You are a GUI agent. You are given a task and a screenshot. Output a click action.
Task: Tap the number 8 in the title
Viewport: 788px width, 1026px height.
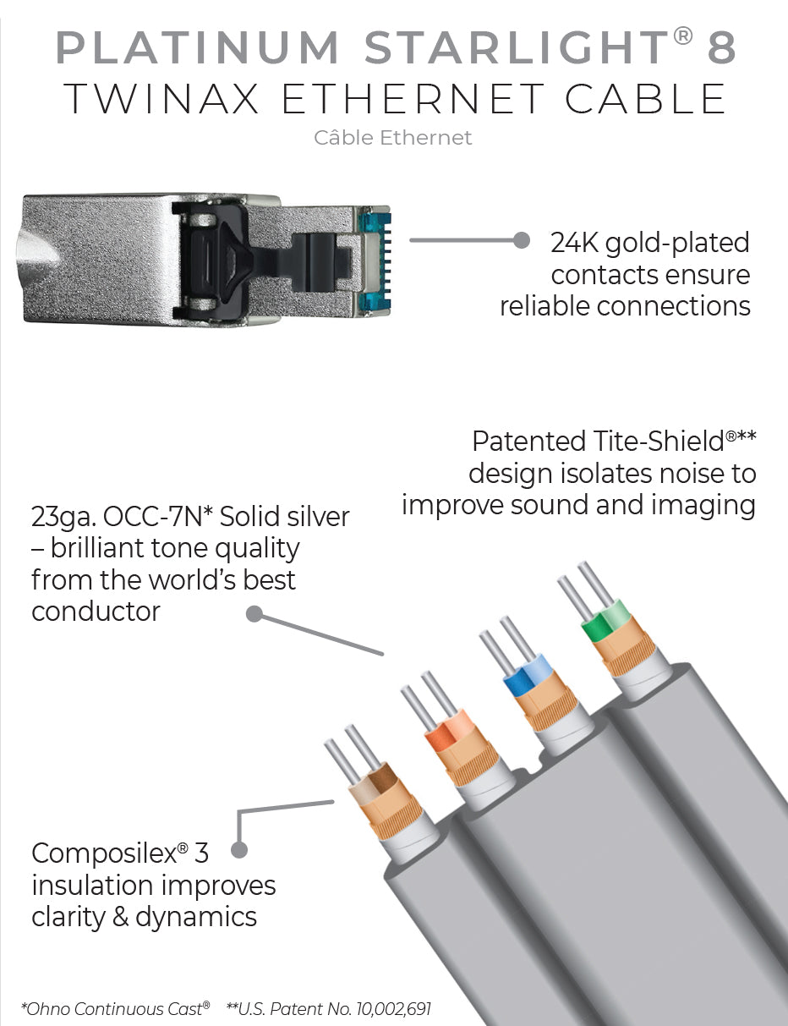[x=721, y=49]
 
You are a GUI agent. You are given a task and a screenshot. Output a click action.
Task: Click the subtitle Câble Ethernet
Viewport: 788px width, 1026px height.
[x=393, y=137]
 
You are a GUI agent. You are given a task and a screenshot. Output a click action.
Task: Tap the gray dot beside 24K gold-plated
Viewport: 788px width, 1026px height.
[x=522, y=240]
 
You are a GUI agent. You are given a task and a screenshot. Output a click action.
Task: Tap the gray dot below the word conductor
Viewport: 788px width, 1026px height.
[x=254, y=614]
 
